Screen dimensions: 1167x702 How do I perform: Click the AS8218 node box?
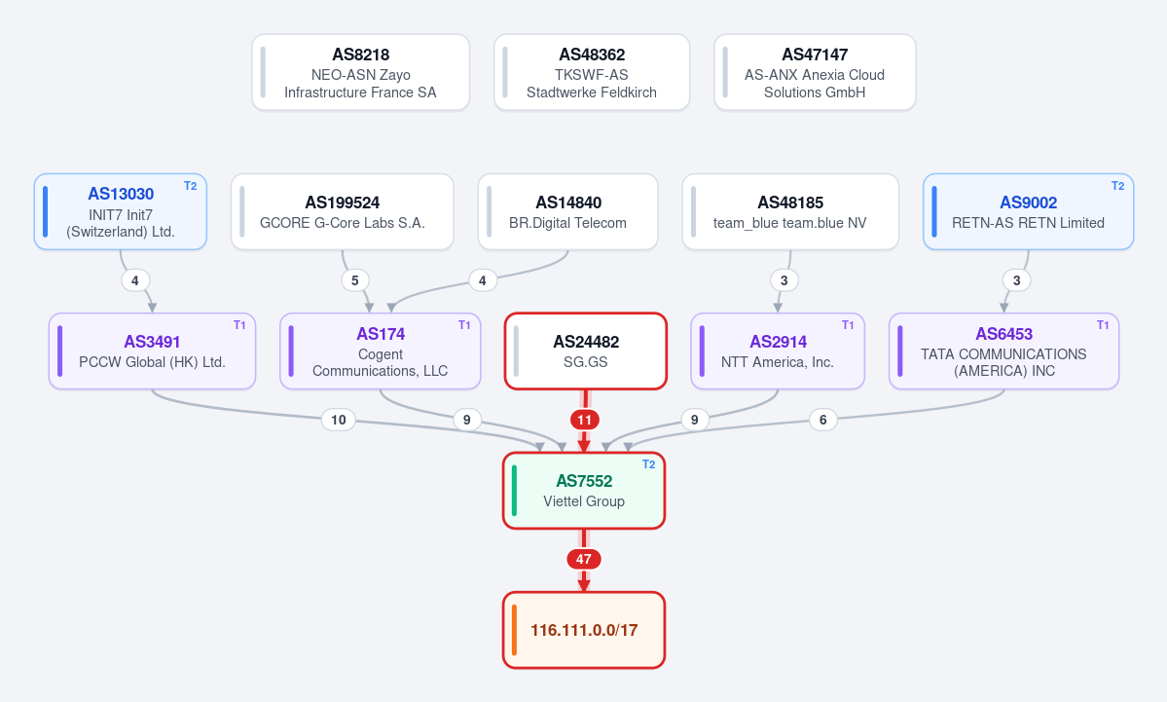tap(360, 72)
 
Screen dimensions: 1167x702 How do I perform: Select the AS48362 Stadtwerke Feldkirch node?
tap(592, 72)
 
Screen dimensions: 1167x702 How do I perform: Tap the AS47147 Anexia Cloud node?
tap(815, 72)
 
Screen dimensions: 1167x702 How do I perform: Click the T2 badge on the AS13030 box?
tap(191, 186)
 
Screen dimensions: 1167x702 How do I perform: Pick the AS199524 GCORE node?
tap(343, 211)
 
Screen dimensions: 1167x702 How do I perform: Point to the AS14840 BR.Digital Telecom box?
tap(567, 211)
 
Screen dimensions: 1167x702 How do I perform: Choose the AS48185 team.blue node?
tap(790, 211)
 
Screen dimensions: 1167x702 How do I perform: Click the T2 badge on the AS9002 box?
tap(1118, 186)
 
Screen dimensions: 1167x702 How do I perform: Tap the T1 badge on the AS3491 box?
tap(239, 325)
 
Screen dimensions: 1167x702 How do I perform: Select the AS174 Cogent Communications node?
tap(381, 351)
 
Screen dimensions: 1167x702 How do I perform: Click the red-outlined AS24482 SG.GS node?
tap(586, 351)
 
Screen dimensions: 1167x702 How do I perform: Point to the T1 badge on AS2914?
tap(848, 325)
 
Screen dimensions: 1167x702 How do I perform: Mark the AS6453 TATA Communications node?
tap(1004, 351)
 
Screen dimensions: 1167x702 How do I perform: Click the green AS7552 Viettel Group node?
tap(584, 491)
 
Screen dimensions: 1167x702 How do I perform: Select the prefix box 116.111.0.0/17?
tap(584, 631)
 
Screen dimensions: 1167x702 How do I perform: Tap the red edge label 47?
tap(584, 559)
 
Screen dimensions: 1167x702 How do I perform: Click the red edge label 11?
tap(585, 420)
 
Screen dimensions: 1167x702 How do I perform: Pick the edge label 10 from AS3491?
tap(339, 420)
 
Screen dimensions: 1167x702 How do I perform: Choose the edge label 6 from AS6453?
tap(823, 420)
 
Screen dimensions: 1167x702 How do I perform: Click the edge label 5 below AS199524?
tap(355, 280)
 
